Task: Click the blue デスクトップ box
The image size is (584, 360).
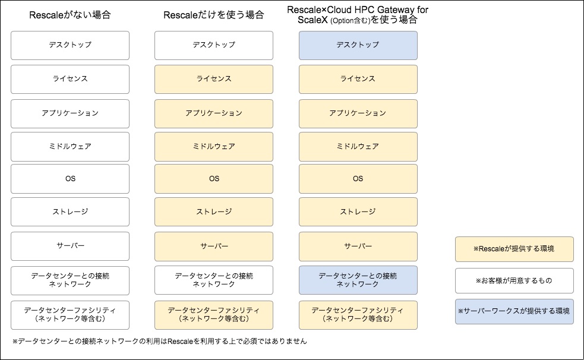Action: [x=358, y=45]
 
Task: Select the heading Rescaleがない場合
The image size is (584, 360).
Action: [x=70, y=15]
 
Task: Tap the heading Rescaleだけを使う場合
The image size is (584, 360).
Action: [x=214, y=15]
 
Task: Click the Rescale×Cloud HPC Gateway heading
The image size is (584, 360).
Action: [x=358, y=15]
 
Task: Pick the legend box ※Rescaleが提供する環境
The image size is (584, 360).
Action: [x=514, y=249]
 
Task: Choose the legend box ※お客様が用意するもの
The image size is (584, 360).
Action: [x=514, y=281]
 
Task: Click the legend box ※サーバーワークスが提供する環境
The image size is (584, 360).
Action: [x=514, y=311]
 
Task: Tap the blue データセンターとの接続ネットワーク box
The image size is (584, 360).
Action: [x=358, y=280]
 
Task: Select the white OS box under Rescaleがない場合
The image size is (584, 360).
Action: [x=70, y=179]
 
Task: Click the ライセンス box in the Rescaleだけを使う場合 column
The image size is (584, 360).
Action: [x=214, y=79]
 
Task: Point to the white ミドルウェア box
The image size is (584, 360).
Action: [x=70, y=147]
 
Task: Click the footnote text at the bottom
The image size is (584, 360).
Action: [x=160, y=341]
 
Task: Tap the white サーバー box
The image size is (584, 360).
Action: [x=70, y=247]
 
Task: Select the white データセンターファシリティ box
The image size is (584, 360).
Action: [x=70, y=315]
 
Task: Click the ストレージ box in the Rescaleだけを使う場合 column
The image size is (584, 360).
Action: [x=214, y=212]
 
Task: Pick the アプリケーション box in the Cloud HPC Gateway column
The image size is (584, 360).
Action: [x=358, y=113]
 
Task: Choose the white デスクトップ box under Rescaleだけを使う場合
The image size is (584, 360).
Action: [x=214, y=45]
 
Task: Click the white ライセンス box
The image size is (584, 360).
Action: [x=70, y=79]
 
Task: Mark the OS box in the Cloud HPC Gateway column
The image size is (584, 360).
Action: [x=358, y=179]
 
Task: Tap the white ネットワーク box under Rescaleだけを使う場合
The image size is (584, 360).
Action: [x=214, y=280]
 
